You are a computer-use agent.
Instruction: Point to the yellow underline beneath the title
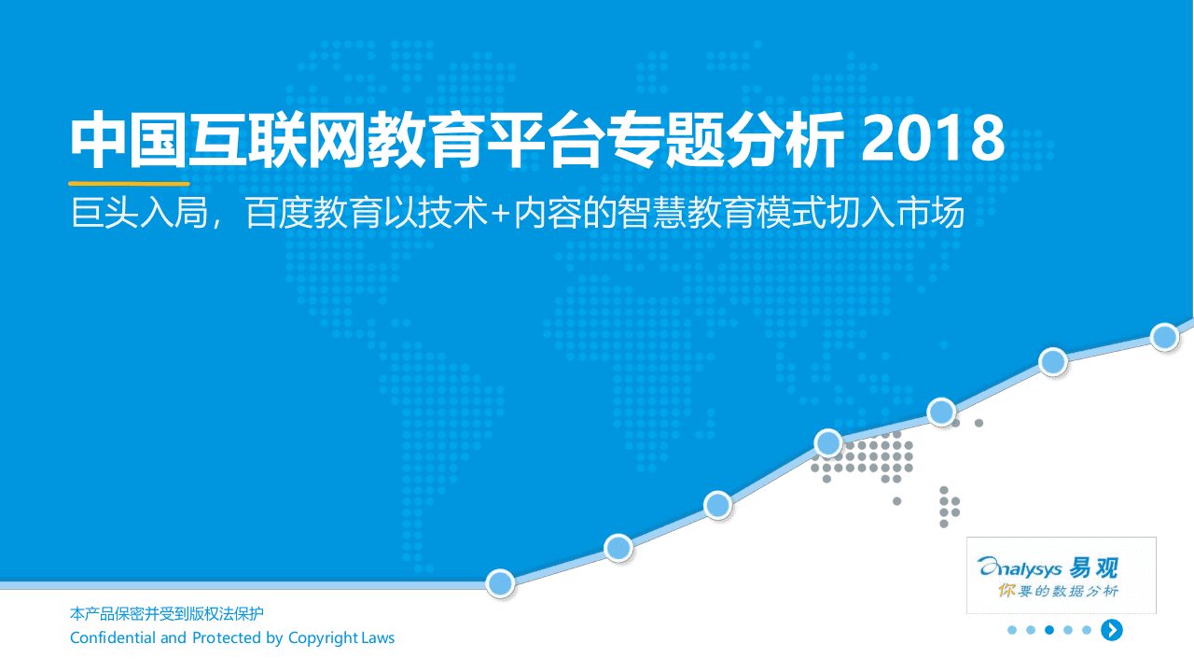pos(129,184)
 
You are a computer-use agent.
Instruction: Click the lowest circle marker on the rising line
pos(501,583)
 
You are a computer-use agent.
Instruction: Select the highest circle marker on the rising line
pos(1164,337)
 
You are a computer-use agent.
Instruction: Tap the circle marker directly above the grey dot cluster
pos(828,442)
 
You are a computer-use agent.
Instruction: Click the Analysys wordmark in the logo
pos(1020,567)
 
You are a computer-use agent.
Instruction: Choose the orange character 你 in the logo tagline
pos(1006,591)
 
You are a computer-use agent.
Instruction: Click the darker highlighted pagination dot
pos(1049,630)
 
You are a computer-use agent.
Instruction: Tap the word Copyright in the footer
pos(323,638)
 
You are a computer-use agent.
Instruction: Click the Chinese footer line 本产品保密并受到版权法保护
pos(167,614)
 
